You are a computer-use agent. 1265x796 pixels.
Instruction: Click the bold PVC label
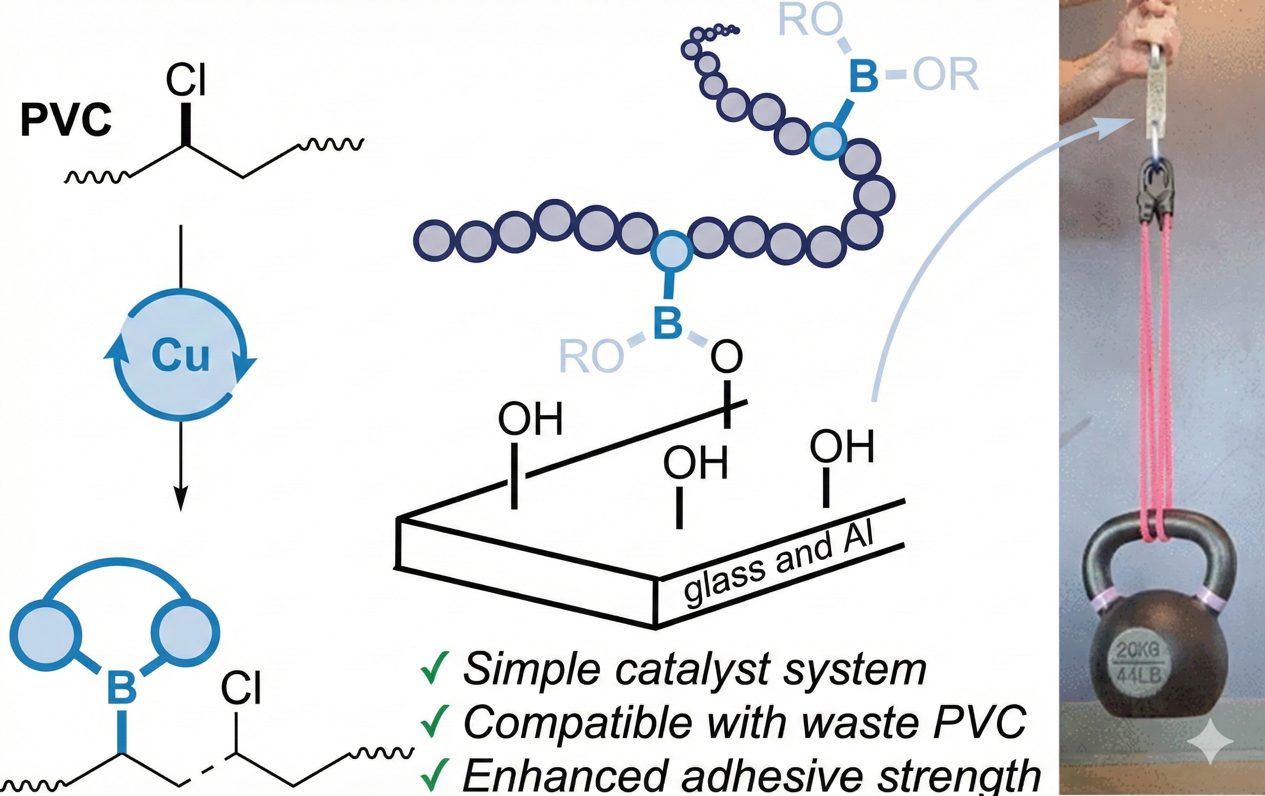coord(66,119)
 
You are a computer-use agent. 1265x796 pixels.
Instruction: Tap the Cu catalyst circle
coord(180,355)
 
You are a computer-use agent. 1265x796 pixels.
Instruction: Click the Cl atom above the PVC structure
coord(186,80)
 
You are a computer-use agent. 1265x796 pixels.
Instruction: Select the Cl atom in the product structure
coord(241,688)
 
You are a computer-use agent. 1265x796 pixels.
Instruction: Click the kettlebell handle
coord(1156,541)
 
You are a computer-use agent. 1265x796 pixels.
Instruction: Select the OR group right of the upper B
coord(946,75)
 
